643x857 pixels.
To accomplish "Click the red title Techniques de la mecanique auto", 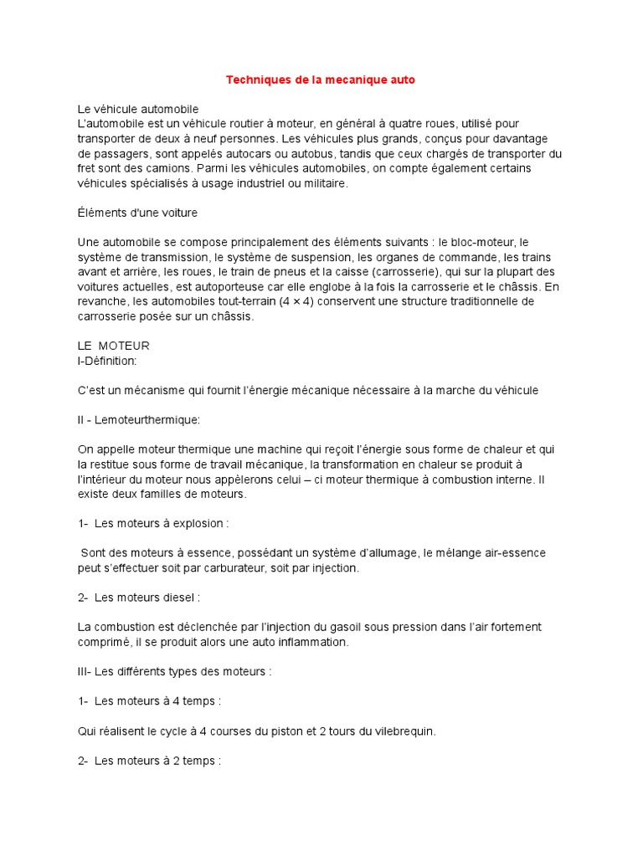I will (321, 80).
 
